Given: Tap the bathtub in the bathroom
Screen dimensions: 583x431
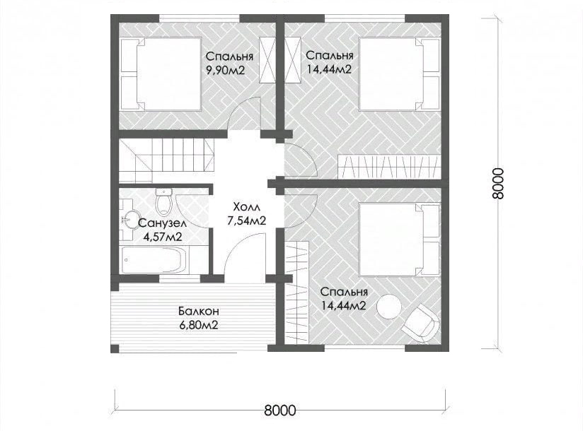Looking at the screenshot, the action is (154, 259).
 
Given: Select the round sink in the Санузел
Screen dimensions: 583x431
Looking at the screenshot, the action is (129, 219).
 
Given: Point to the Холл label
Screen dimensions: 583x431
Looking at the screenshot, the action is (246, 206).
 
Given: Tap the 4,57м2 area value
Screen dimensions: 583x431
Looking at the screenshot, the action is (163, 237).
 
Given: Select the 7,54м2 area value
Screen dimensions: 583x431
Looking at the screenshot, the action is (246, 221).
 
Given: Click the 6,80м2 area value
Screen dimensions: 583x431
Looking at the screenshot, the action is (198, 326).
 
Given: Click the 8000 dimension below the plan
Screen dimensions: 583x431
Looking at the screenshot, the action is (280, 411).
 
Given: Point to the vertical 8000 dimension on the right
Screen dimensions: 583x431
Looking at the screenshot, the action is (497, 184).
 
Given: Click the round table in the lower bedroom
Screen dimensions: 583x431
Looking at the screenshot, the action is (389, 306).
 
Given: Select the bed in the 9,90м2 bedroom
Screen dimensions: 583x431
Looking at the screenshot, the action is (161, 74).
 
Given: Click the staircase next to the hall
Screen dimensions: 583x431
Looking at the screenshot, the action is (166, 160).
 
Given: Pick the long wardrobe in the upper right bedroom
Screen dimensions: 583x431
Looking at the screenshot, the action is (388, 167).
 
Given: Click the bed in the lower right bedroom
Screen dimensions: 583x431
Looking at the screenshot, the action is (400, 239).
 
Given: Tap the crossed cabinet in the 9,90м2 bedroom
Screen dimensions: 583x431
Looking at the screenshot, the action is (268, 61).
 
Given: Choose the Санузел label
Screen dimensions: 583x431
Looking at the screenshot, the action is (162, 223).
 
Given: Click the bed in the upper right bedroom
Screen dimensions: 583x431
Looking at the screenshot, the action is (400, 74).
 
